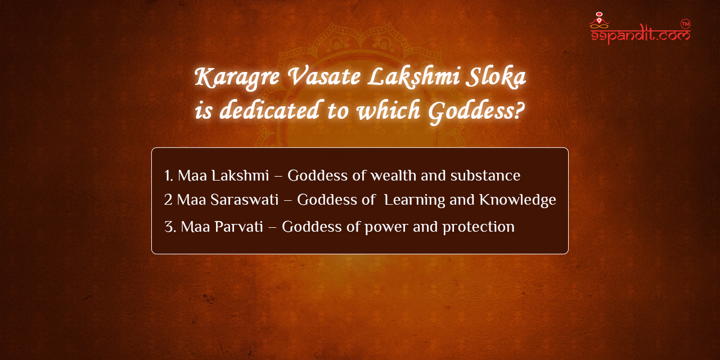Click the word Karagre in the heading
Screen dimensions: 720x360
tap(237, 78)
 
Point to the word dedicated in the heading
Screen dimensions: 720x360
tap(269, 110)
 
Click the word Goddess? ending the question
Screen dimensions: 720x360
tap(476, 111)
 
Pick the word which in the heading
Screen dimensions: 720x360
tap(389, 110)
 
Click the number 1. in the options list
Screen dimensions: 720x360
tap(169, 176)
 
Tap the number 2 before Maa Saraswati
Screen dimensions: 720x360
tap(168, 200)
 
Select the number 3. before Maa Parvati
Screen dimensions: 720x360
tap(170, 227)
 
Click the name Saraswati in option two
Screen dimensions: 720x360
tap(244, 200)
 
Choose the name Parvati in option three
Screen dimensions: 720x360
tap(238, 227)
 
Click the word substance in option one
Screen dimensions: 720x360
tap(485, 176)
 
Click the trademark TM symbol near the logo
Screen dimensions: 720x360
tap(686, 24)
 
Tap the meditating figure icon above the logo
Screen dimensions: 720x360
tap(599, 20)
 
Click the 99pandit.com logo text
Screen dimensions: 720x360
tap(640, 35)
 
